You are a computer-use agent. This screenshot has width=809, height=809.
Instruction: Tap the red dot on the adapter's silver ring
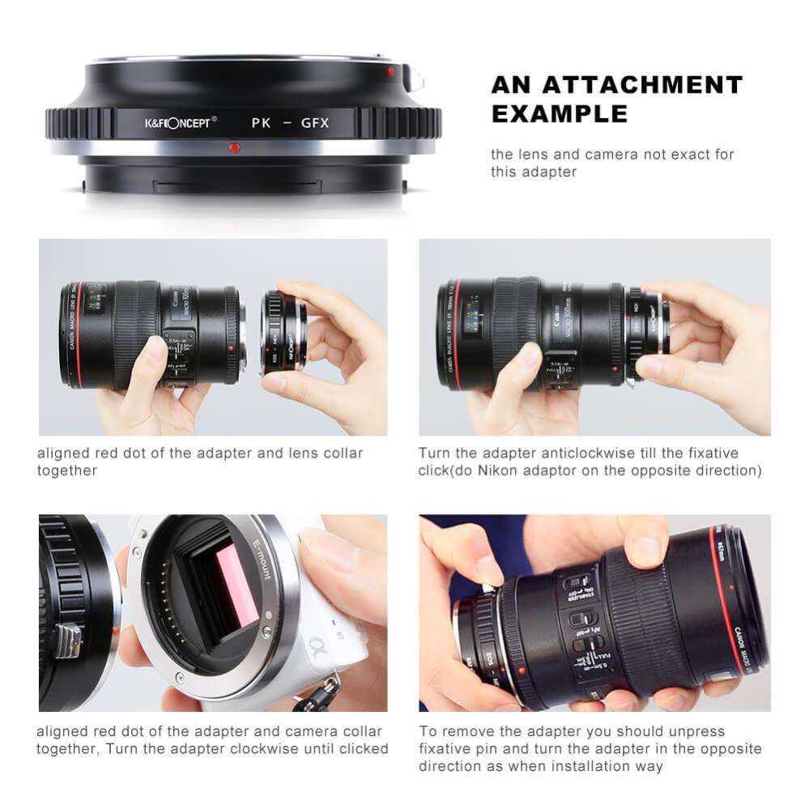234,147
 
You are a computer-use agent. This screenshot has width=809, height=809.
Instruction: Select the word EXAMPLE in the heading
559,113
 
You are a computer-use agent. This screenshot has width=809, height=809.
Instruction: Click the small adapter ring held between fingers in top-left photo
283,332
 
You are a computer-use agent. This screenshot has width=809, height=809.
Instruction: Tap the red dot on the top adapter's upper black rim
390,71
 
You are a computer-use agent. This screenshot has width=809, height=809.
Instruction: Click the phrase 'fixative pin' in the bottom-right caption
464,749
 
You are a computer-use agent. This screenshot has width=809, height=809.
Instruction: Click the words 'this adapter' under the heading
534,172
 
